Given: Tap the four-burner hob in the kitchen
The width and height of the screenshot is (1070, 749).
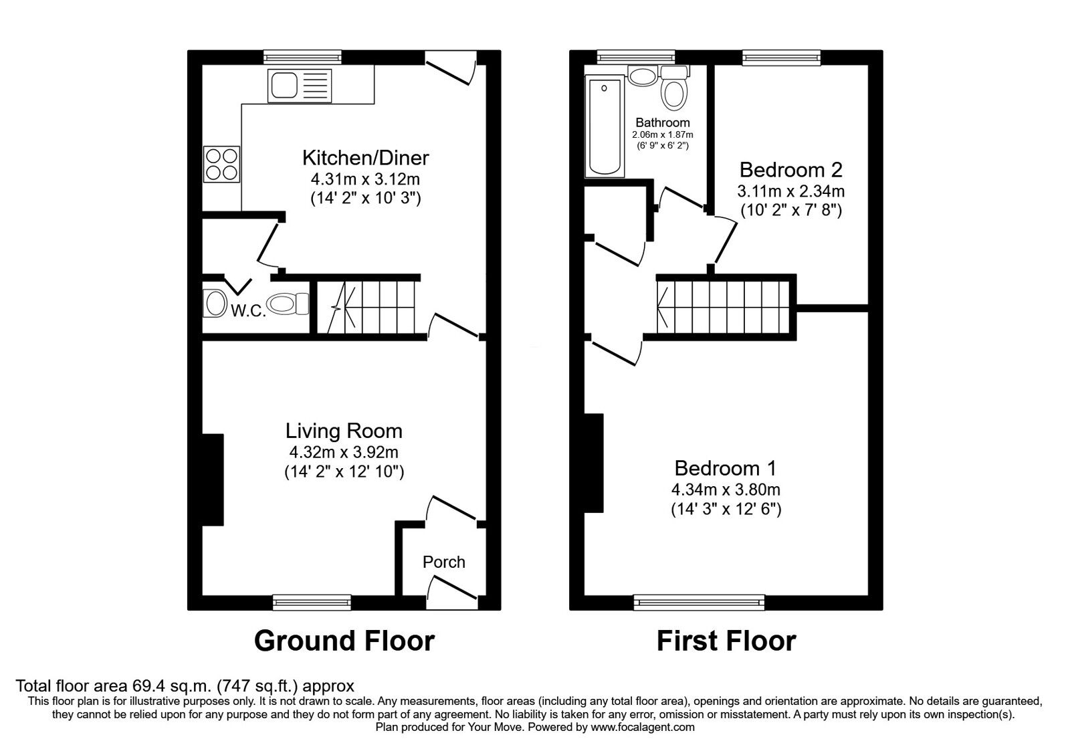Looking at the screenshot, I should click(222, 164).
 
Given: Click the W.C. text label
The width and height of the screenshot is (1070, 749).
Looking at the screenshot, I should click(248, 311).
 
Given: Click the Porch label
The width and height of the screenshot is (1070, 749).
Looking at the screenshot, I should click(443, 562).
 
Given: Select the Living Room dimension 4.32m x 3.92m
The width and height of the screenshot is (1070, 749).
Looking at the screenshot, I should click(344, 453).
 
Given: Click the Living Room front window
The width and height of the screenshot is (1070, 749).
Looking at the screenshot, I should click(312, 603).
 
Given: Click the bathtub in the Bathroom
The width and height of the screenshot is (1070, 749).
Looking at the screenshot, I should click(605, 127).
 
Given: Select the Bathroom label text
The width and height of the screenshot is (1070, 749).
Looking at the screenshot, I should click(662, 123).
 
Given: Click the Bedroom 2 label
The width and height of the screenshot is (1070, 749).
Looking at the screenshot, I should click(790, 169).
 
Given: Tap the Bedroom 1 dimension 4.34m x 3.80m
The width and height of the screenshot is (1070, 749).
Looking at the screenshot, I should click(726, 490).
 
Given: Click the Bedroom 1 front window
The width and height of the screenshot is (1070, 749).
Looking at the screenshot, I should click(699, 603).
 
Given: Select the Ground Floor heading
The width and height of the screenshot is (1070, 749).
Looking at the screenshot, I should click(344, 641).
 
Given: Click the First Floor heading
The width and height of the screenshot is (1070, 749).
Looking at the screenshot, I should click(726, 641).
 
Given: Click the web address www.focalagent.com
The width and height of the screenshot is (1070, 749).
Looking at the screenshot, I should click(643, 727).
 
